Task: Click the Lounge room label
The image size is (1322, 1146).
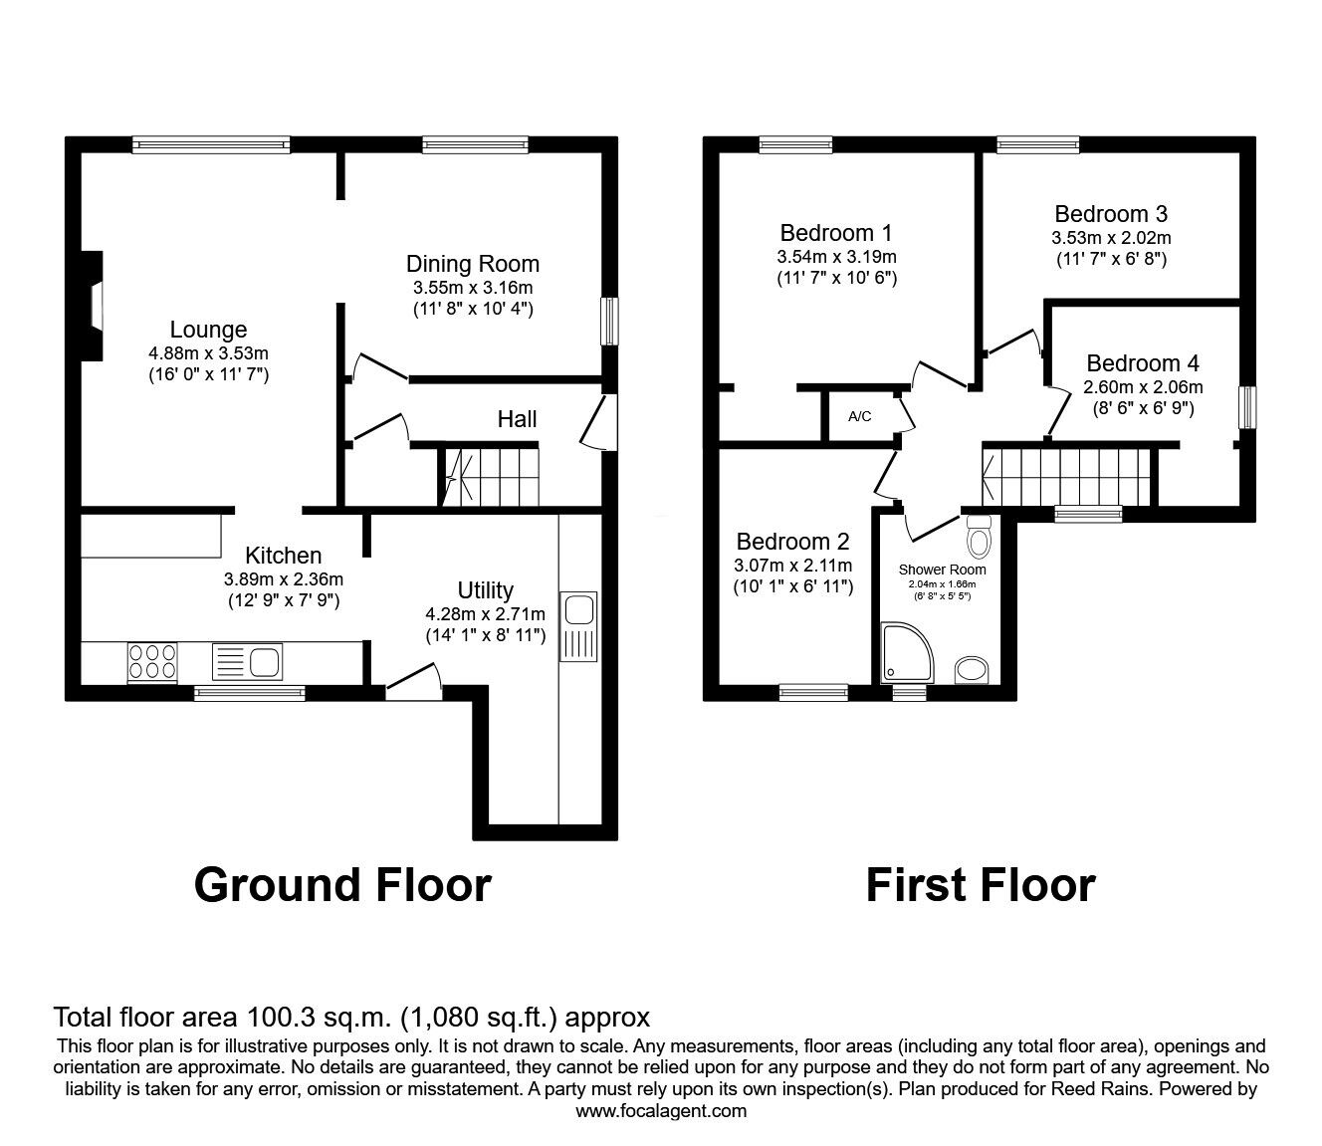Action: (x=208, y=330)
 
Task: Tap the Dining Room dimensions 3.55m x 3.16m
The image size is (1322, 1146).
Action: (x=473, y=288)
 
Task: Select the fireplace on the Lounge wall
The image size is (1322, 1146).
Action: (x=94, y=305)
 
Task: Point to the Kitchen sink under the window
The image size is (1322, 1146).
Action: (x=249, y=661)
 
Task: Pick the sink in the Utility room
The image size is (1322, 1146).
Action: (x=578, y=626)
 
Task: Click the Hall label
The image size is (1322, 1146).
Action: (x=517, y=419)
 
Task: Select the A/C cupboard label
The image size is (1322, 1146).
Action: (x=859, y=416)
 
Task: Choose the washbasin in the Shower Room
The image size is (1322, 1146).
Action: (x=971, y=670)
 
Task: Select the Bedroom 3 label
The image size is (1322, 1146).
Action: (x=1111, y=214)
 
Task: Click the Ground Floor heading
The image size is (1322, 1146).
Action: (x=342, y=884)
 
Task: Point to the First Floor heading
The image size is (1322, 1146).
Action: (x=980, y=884)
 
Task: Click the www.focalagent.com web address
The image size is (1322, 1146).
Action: (x=661, y=1110)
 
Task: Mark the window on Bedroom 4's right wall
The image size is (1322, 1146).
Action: (x=1245, y=408)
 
